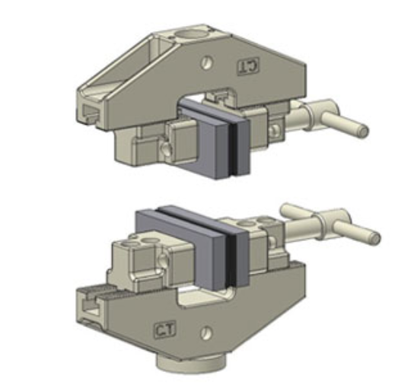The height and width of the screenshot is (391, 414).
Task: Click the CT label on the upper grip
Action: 249,66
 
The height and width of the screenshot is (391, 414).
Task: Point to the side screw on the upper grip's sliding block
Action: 165,148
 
